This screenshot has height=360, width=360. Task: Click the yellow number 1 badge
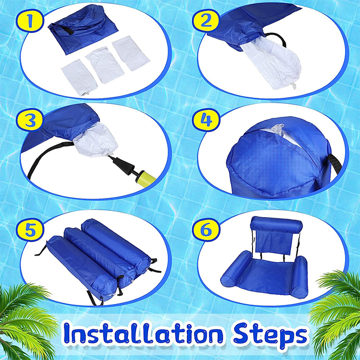pos(30,21)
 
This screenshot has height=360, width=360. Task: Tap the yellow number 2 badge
pos(206,21)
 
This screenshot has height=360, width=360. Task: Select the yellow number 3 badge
pos(30,120)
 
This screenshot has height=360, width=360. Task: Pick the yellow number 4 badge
pos(206,120)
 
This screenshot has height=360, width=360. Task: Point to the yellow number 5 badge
pos(30,229)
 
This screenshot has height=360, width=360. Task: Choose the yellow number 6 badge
pos(206,229)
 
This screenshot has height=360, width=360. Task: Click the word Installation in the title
pos(143,333)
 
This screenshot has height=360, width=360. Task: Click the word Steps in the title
pos(270,335)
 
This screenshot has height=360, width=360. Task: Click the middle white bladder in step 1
pos(105,64)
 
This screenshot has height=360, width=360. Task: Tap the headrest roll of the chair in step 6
pos(277,224)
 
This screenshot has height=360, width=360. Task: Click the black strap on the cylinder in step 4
pos(334,165)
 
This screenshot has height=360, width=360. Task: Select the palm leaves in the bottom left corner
pos(25,321)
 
